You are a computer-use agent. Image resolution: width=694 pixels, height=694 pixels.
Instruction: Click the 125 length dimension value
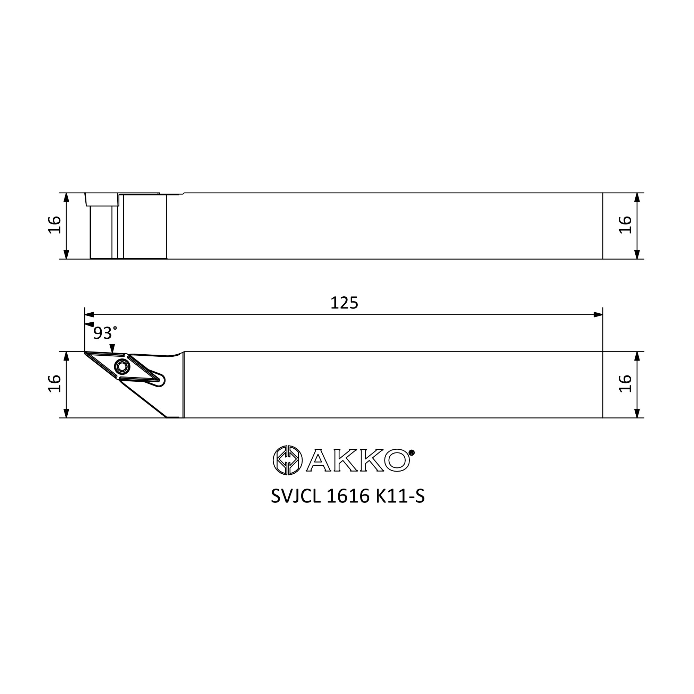coord(344,303)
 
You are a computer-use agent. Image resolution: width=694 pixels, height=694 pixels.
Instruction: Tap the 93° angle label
coord(105,333)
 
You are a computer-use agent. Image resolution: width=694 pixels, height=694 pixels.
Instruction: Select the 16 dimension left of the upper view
coord(54,225)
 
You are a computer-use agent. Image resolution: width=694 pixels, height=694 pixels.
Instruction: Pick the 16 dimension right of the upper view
coord(625,225)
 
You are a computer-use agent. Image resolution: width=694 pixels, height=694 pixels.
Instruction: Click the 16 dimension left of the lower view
coord(54,384)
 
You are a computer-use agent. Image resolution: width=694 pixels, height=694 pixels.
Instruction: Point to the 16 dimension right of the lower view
coord(625,384)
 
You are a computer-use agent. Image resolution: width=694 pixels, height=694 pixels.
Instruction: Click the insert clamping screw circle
coord(122,367)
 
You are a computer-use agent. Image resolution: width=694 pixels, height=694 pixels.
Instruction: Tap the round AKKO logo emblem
coord(288,460)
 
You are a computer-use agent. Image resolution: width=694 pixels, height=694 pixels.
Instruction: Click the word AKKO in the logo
coord(358,460)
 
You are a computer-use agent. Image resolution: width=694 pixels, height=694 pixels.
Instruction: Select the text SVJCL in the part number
coord(296,497)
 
